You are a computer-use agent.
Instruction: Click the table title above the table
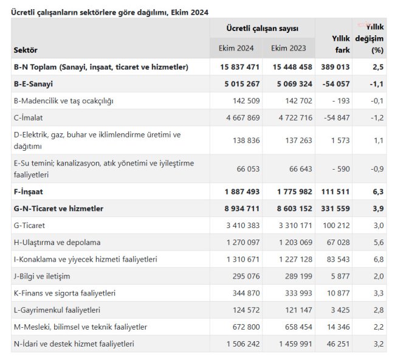(109, 12)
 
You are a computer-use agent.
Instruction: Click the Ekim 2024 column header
(236, 48)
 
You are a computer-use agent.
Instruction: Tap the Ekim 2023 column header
(289, 48)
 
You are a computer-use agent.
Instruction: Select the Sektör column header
(26, 50)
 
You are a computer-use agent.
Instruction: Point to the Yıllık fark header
(341, 44)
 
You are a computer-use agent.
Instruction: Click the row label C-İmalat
(28, 117)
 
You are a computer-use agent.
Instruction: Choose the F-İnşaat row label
(28, 192)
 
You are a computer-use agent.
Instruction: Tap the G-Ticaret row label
(29, 225)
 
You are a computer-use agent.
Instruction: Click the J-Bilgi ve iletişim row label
(42, 276)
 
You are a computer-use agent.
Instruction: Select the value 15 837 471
(239, 67)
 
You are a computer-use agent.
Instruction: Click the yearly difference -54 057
(336, 84)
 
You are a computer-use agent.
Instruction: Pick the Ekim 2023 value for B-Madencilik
(298, 100)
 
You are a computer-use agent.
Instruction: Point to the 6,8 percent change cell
(379, 259)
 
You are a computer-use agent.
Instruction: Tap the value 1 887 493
(242, 192)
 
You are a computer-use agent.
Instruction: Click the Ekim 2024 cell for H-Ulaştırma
(243, 242)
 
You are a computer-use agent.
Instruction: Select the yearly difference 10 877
(338, 293)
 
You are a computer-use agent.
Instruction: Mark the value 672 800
(246, 327)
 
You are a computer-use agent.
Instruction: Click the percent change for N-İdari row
(379, 344)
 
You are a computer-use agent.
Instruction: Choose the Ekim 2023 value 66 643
(301, 168)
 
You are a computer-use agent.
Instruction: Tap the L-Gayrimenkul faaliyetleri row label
(57, 310)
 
